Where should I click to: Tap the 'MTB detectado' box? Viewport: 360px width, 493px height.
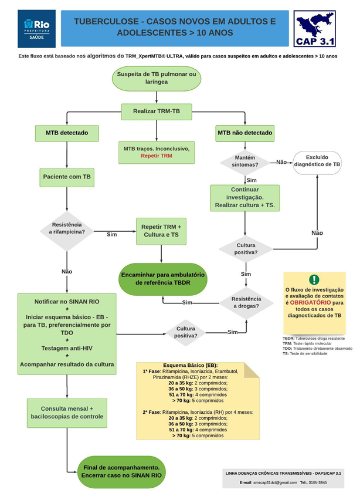(x=67, y=133)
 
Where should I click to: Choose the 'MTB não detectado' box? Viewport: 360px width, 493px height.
(x=245, y=133)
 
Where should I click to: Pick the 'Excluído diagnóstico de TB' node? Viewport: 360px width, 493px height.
(x=317, y=162)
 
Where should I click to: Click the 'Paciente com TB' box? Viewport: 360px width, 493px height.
(x=67, y=176)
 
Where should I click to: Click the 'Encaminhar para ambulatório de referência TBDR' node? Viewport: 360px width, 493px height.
(x=162, y=278)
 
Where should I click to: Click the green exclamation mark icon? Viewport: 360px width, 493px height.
(x=314, y=280)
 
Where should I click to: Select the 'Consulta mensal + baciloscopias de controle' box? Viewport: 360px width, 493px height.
(x=67, y=412)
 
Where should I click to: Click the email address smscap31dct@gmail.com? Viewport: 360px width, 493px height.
(x=271, y=482)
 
